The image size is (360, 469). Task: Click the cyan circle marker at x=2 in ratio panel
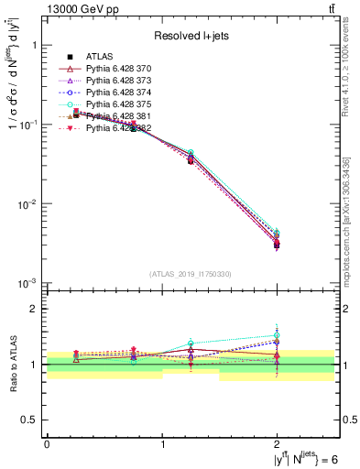[278, 336]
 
